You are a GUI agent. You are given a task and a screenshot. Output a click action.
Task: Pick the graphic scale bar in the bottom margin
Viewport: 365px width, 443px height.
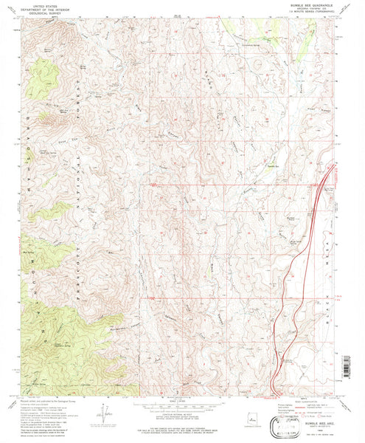coord(181,405)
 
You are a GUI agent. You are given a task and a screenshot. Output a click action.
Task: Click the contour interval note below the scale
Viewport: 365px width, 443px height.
coord(181,410)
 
